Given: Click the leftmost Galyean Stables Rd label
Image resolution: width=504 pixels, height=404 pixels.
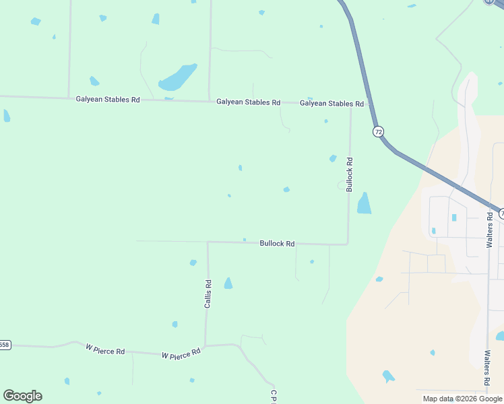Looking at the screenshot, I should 108,99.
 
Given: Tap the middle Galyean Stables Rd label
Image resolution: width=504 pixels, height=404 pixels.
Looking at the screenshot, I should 248,102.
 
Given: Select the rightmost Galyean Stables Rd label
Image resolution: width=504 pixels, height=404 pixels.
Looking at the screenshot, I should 332,104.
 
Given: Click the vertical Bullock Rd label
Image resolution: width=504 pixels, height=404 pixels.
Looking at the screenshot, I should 350,175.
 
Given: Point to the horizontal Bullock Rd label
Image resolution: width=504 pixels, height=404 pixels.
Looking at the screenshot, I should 277,244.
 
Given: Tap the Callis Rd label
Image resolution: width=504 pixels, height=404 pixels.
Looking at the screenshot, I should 208,294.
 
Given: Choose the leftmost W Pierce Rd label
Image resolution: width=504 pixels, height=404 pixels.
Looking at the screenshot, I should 105,350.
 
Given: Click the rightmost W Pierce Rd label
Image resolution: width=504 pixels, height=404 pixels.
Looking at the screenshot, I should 181,353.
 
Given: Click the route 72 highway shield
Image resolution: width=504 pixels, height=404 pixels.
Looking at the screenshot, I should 378,131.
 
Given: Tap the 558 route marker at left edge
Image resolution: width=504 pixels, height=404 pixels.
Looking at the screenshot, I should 5,345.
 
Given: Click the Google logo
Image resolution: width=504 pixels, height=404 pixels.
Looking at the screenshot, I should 22,396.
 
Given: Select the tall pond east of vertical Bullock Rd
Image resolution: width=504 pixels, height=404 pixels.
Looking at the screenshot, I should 364,203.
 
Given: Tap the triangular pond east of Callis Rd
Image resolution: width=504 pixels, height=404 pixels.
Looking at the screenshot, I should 228,283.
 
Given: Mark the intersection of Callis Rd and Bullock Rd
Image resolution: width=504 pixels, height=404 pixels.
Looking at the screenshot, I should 208,242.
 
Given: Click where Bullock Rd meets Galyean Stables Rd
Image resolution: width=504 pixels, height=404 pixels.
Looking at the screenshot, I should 350,104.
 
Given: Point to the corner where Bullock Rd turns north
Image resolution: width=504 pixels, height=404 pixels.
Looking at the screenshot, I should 348,244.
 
